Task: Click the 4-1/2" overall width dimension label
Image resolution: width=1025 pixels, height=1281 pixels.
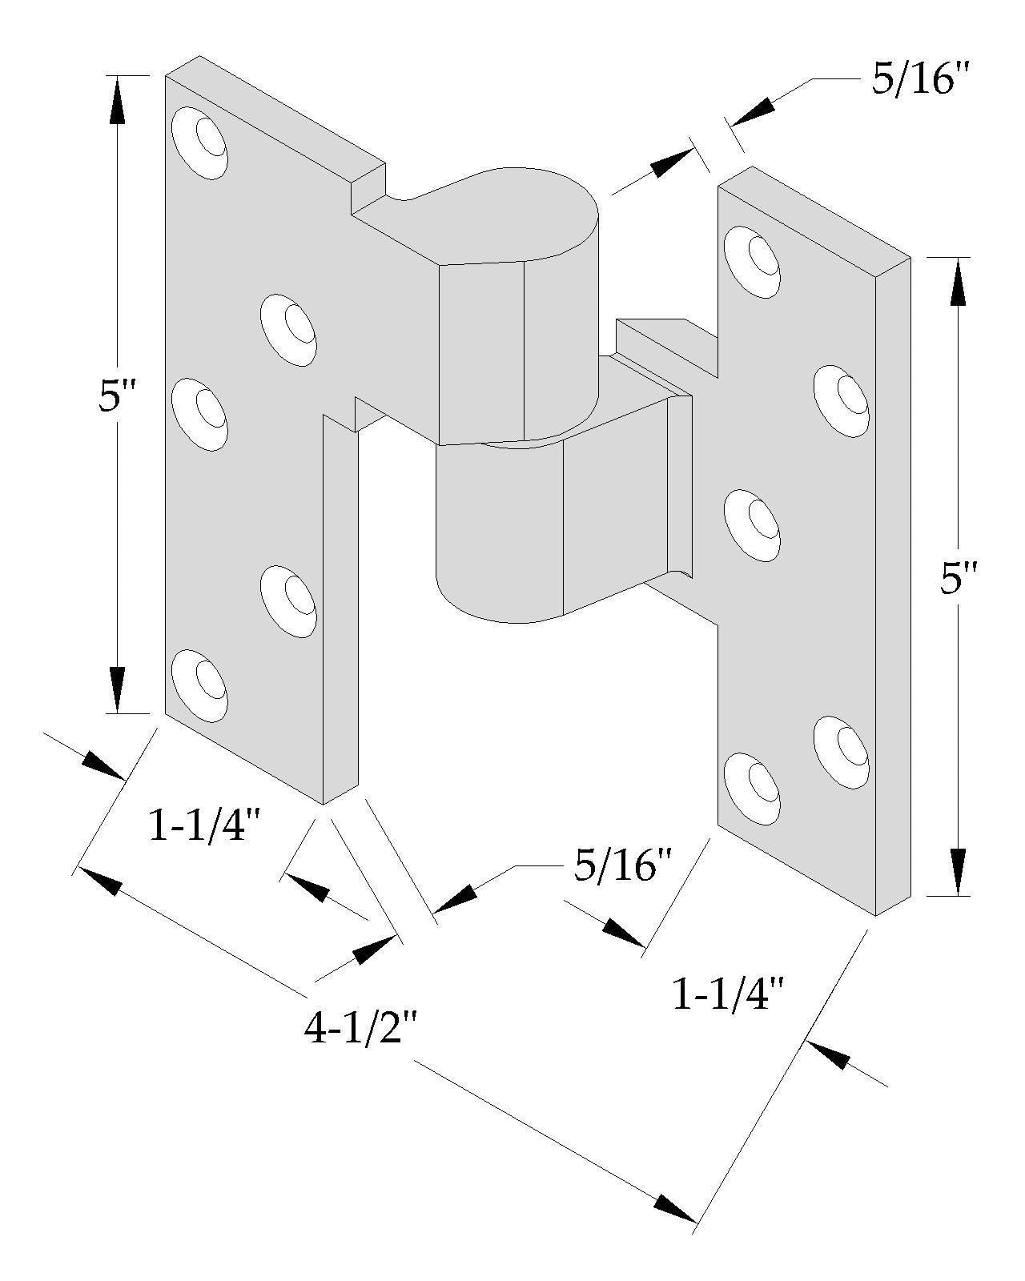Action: (x=360, y=1030)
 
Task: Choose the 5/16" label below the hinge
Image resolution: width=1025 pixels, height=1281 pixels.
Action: (x=621, y=865)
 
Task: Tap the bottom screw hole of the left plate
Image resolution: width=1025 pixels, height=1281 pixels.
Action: (x=200, y=683)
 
